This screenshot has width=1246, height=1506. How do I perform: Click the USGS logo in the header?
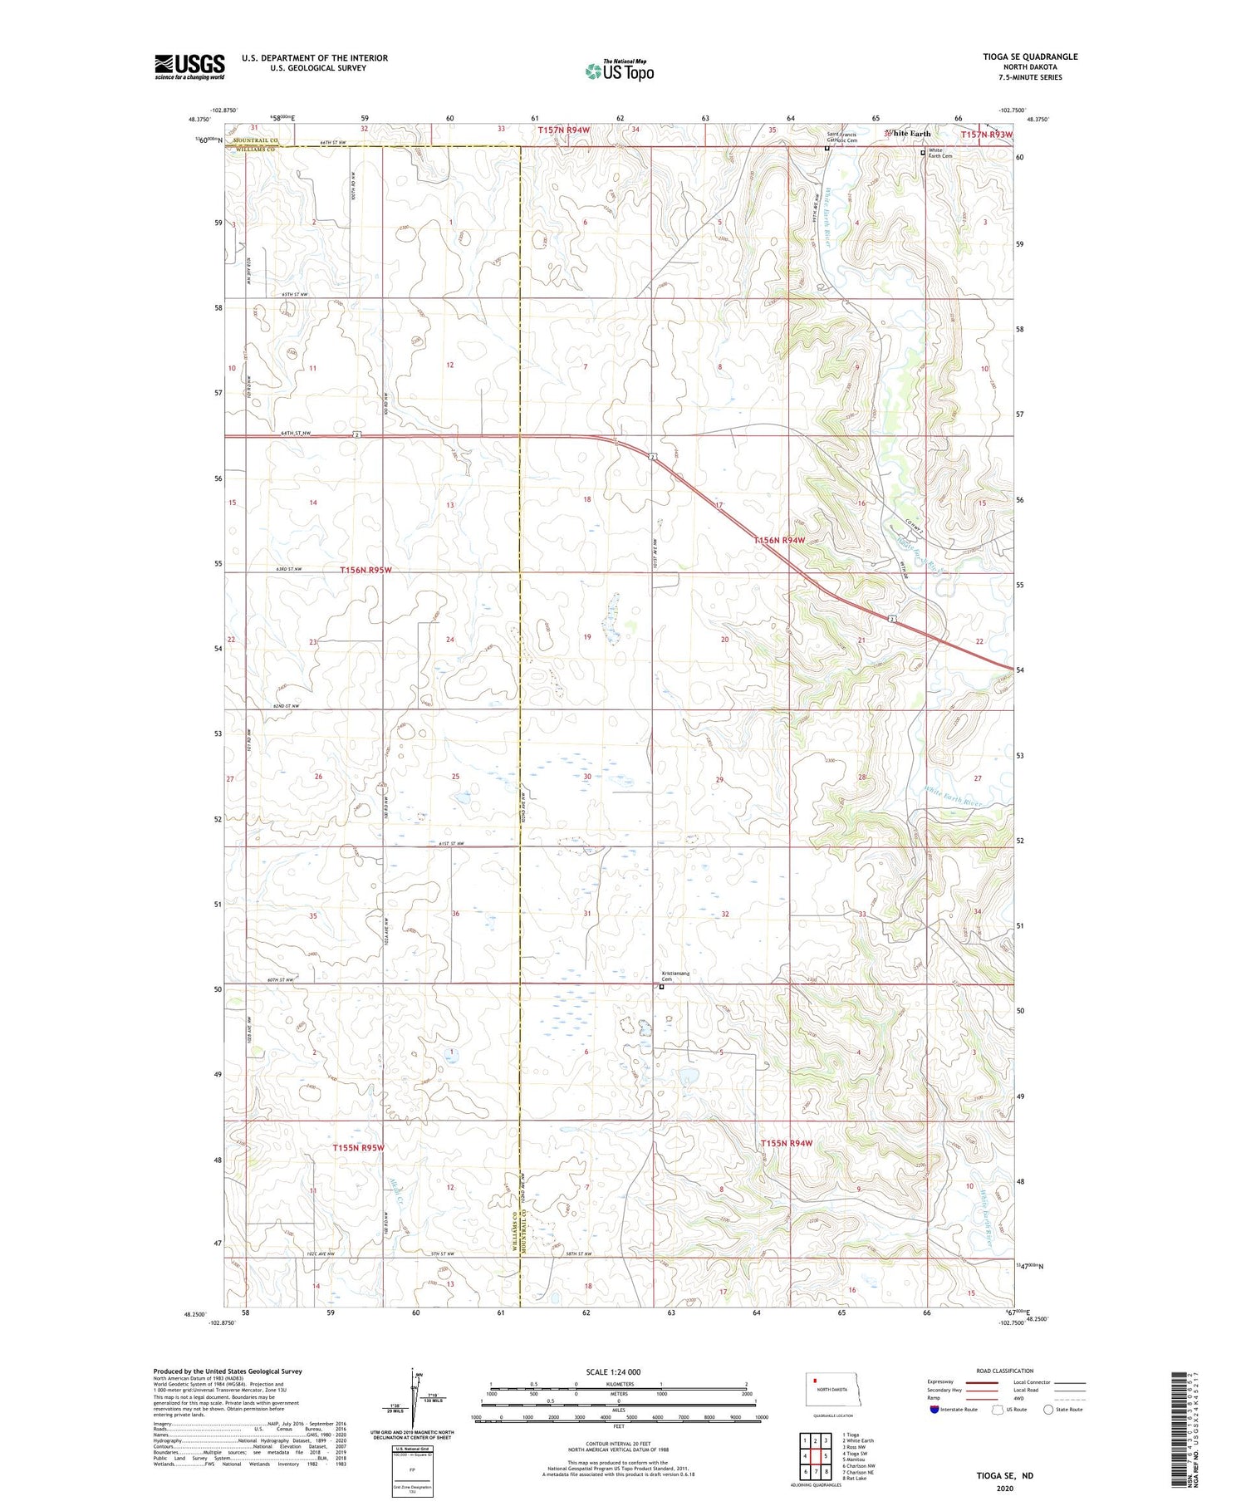click(x=189, y=66)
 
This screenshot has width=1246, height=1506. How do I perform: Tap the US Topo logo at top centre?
click(x=619, y=71)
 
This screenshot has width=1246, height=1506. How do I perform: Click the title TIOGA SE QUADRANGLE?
click(x=1030, y=56)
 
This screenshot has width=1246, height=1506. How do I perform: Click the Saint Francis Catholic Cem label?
click(x=841, y=138)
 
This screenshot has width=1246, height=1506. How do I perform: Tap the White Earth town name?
click(x=909, y=133)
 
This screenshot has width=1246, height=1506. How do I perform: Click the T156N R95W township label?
click(x=365, y=571)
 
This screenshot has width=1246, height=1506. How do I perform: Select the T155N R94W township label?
click(x=786, y=1144)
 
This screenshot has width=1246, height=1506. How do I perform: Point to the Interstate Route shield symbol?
click(x=934, y=1410)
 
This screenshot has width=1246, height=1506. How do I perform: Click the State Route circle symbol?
click(x=1048, y=1410)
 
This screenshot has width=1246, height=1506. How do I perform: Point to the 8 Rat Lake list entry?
click(x=855, y=1479)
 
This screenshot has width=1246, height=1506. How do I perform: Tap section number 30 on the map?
click(x=587, y=777)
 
